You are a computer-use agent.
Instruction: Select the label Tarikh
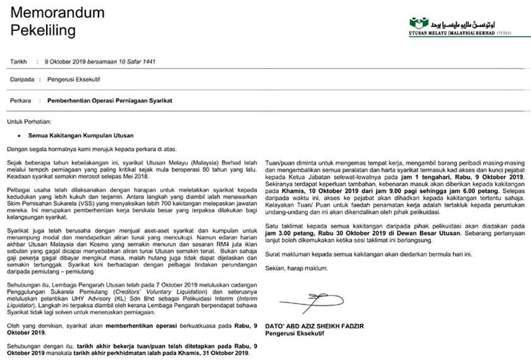pyautogui.click(x=19, y=61)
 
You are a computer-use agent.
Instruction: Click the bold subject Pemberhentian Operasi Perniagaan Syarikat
pyautogui.click(x=105, y=100)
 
